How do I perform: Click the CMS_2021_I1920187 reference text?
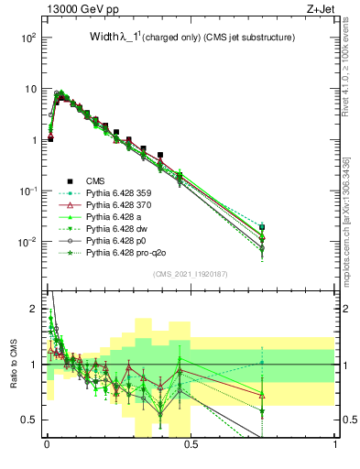191,274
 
